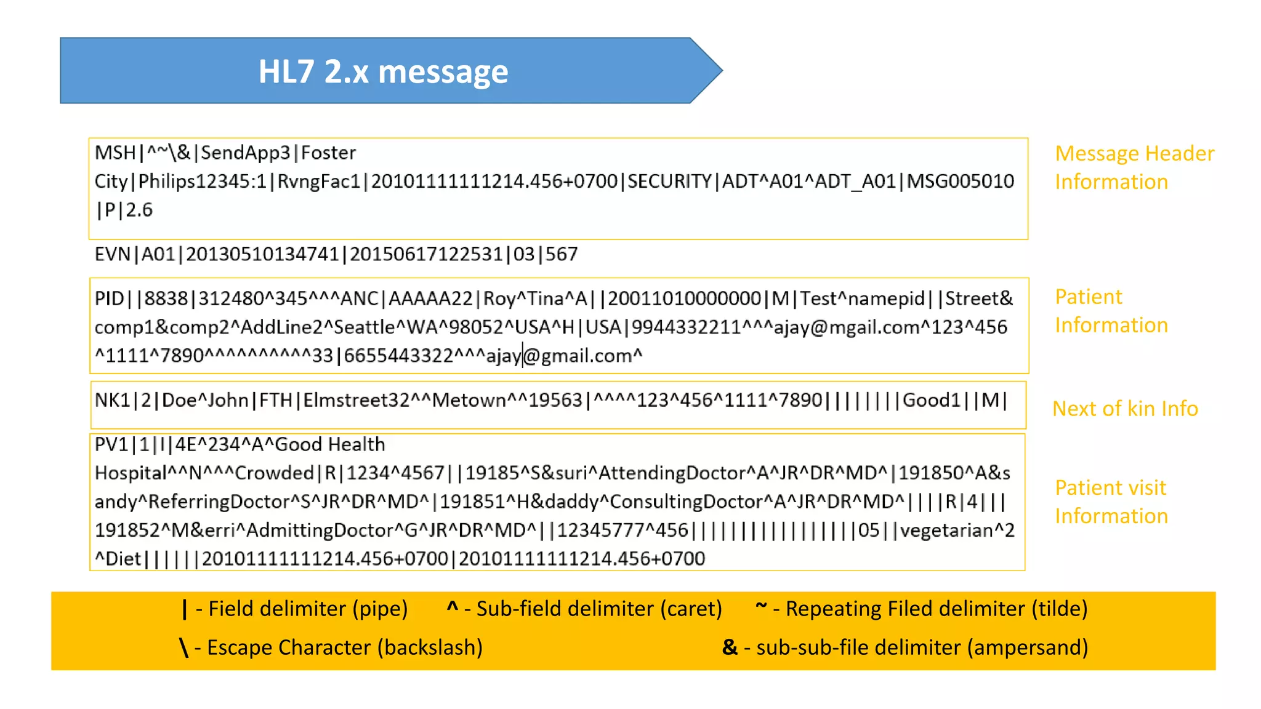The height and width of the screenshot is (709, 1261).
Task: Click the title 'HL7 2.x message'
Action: (x=383, y=71)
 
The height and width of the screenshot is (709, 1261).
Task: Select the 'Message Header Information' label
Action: (x=1134, y=167)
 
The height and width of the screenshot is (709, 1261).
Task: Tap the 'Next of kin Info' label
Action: (x=1125, y=409)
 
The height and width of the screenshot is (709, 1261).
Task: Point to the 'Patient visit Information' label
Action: (x=1111, y=502)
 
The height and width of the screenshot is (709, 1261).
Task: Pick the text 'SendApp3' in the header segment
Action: (x=245, y=153)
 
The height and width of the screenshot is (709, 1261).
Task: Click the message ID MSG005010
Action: (x=960, y=181)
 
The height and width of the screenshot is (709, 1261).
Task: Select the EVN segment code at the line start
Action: (x=112, y=254)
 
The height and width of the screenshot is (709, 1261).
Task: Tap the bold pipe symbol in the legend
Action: (x=185, y=609)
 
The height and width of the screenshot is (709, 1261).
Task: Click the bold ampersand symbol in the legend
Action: (x=730, y=647)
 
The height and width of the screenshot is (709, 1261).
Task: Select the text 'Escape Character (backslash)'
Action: (x=345, y=647)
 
